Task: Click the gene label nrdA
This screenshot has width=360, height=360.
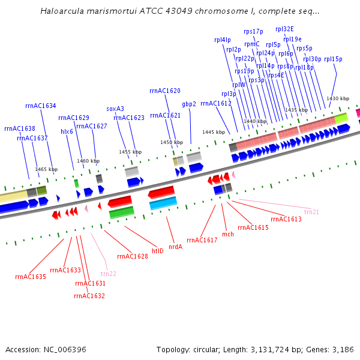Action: click(175, 246)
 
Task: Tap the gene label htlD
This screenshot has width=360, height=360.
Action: click(158, 251)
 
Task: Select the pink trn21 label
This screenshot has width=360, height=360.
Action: click(311, 212)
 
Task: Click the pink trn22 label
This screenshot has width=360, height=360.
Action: click(109, 273)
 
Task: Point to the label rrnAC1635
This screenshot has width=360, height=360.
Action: click(31, 277)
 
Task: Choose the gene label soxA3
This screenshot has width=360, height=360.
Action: click(115, 109)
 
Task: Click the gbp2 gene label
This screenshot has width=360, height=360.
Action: click(189, 104)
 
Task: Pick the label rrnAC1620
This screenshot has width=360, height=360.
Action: click(165, 91)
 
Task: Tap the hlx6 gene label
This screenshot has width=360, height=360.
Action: click(67, 131)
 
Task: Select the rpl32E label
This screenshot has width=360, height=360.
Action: click(284, 29)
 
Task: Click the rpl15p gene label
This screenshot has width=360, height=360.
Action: click(332, 59)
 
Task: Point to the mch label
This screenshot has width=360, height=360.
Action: click(228, 234)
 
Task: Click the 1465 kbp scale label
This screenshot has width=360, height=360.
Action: click(46, 169)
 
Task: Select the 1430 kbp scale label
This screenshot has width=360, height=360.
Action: click(337, 98)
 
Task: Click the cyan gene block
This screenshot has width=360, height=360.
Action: click(163, 203)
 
